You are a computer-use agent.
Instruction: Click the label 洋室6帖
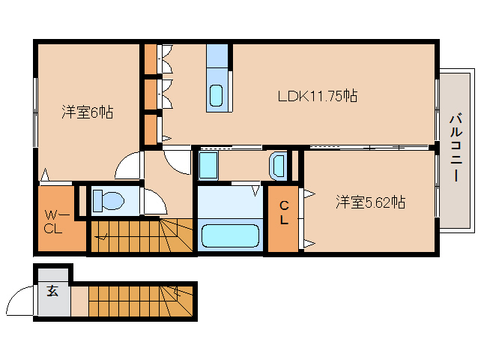pyautogui.click(x=87, y=113)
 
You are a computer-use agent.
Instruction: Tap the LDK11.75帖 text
pyautogui.click(x=317, y=96)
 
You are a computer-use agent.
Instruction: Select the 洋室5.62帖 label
pyautogui.click(x=370, y=202)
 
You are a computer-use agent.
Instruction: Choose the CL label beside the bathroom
pyautogui.click(x=285, y=213)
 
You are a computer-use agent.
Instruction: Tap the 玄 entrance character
pyautogui.click(x=53, y=292)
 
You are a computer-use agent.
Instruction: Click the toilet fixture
pyautogui.click(x=109, y=200)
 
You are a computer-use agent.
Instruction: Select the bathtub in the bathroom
pyautogui.click(x=231, y=236)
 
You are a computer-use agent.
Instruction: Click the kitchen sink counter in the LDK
pyautogui.click(x=218, y=77)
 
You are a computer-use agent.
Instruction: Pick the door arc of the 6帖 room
pyautogui.click(x=129, y=166)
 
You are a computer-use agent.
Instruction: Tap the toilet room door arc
pyautogui.click(x=154, y=202)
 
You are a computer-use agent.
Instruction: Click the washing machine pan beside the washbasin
pyautogui.click(x=208, y=164)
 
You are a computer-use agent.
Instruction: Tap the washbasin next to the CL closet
pyautogui.click(x=278, y=164)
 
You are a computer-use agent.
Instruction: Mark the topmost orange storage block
pyautogui.click(x=151, y=58)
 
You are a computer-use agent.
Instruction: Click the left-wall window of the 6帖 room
pyautogui.click(x=35, y=113)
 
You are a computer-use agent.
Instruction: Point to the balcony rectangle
pyautogui.click(x=456, y=148)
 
